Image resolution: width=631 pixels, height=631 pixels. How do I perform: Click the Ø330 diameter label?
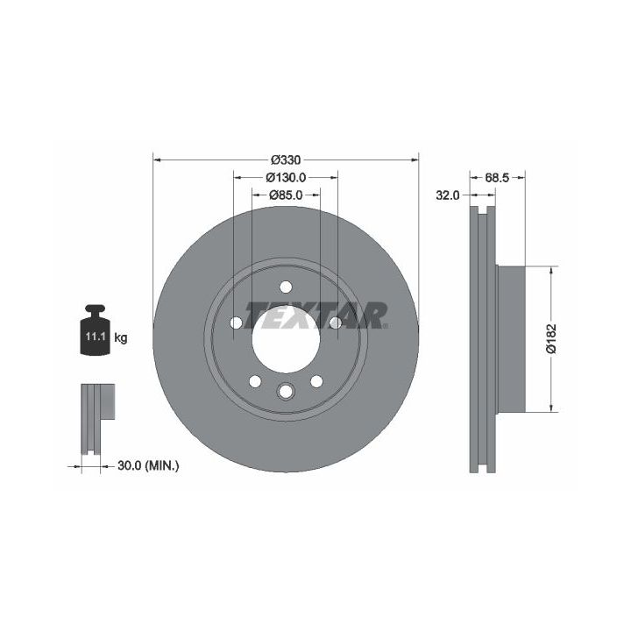(x=286, y=160)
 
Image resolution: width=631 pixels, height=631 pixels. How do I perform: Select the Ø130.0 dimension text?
(x=286, y=177)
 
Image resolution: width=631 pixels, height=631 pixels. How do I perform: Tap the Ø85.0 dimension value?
(x=286, y=195)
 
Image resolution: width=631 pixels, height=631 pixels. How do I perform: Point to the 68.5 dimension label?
(x=497, y=177)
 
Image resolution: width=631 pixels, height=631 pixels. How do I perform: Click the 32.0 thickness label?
(x=448, y=195)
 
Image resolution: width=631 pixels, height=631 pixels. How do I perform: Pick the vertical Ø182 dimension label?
(x=551, y=338)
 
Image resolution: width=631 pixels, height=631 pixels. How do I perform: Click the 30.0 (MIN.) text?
(x=148, y=466)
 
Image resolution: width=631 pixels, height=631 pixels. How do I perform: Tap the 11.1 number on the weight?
(x=95, y=336)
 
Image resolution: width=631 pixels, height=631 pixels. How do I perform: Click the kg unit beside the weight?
(x=121, y=337)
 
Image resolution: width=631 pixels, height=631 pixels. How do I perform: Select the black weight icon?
(x=95, y=330)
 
